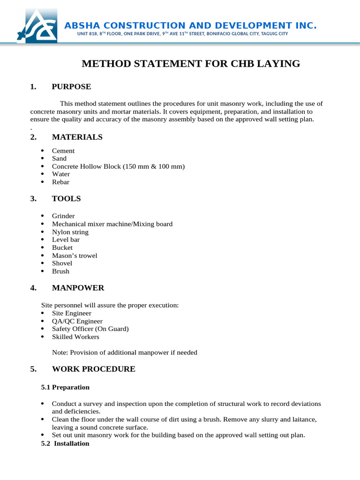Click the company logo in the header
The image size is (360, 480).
point(37,26)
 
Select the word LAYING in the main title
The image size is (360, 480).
point(277,64)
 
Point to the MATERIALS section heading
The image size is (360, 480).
point(77,137)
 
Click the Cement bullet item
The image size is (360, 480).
point(63,151)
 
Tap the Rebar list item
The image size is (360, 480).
point(60,182)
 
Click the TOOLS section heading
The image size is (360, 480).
point(66,199)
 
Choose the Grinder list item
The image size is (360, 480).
point(63,216)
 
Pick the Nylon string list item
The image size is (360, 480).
point(70,232)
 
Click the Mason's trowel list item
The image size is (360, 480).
point(75,255)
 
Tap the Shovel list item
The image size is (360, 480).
point(62,263)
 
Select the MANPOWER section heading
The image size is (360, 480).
point(78,288)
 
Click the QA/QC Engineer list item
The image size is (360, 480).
point(77,321)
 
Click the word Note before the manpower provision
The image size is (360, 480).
point(60,352)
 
